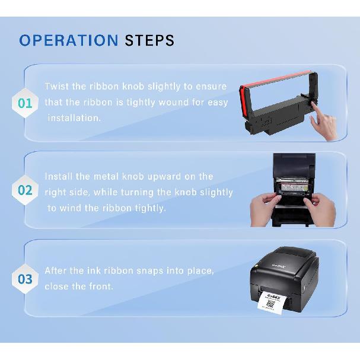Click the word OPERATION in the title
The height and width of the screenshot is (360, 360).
coord(69,40)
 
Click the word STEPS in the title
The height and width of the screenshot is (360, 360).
coord(149,40)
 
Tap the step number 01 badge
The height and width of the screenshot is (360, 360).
coord(25,103)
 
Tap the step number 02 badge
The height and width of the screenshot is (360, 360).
coord(25,190)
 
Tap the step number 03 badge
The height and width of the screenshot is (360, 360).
coord(25,278)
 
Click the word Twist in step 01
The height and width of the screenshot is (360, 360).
coord(57,87)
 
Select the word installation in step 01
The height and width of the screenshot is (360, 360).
coord(74,117)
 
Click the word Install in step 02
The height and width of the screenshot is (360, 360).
coord(60,177)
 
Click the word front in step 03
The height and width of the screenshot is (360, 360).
coord(101,286)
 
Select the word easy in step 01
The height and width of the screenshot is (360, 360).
coord(216,102)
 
